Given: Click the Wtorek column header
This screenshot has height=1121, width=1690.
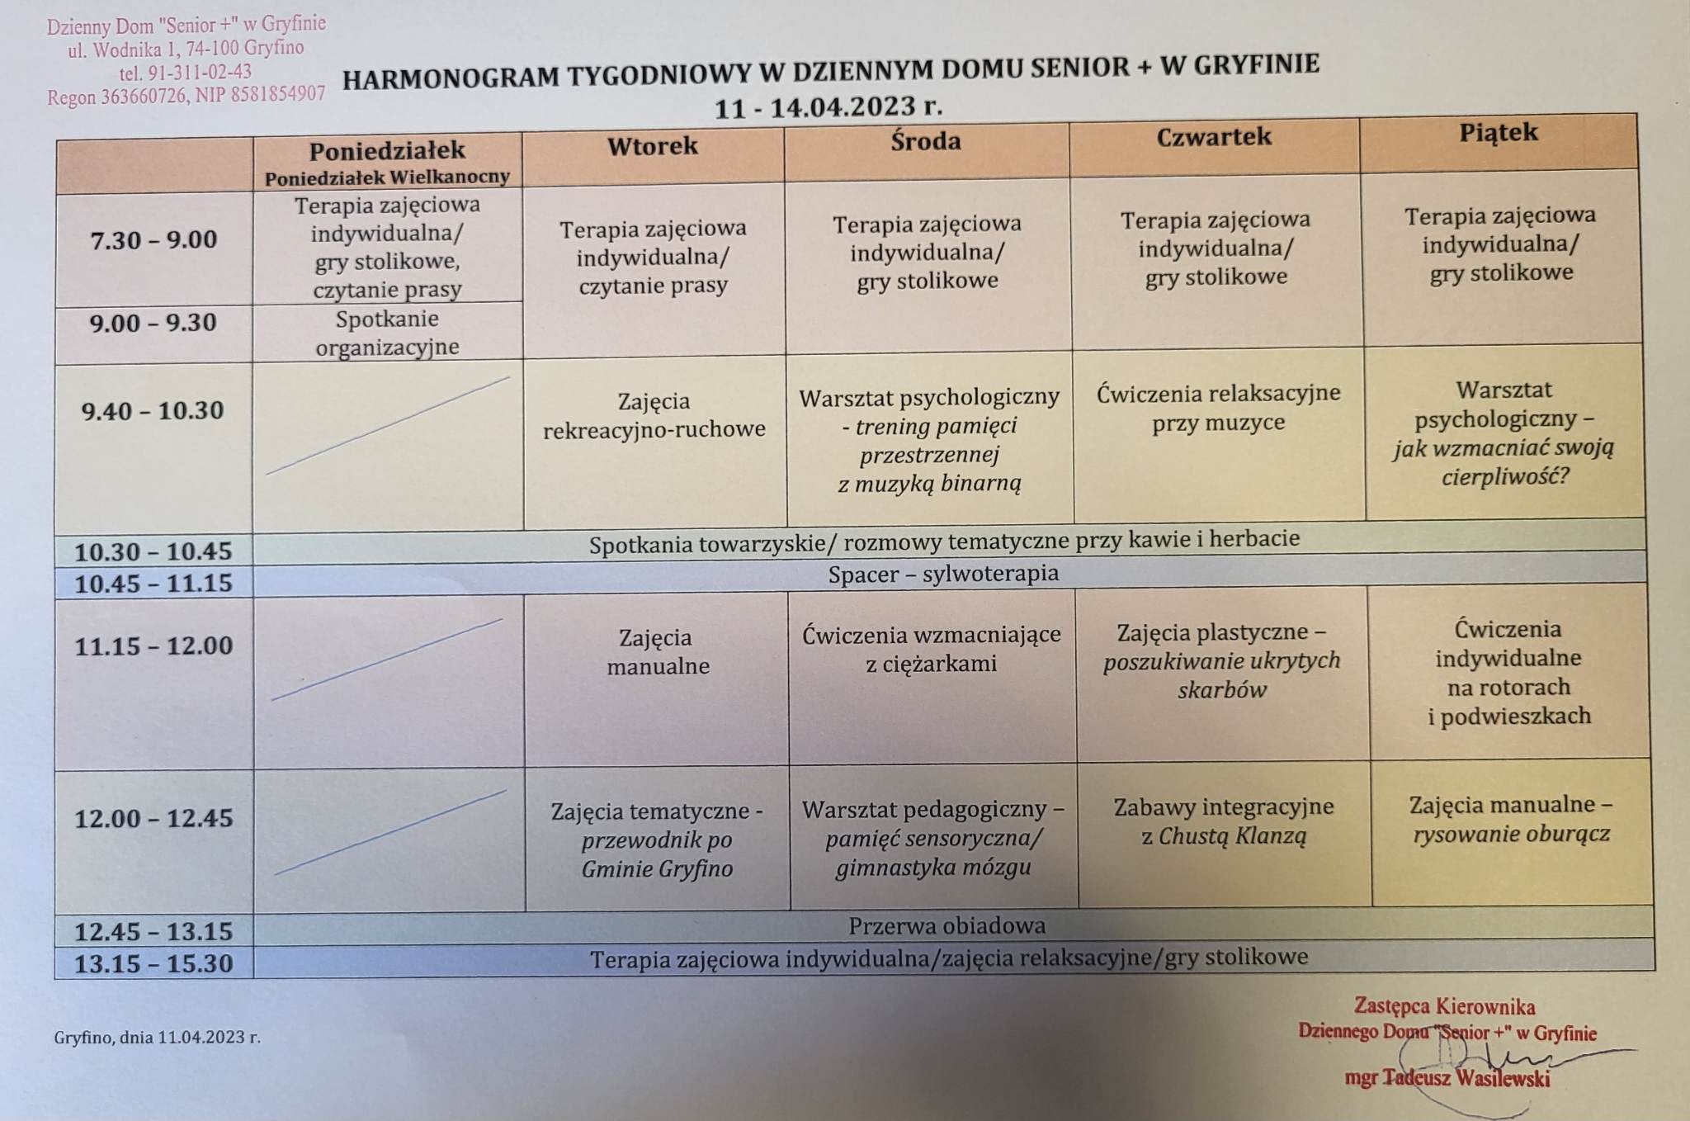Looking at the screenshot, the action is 653,147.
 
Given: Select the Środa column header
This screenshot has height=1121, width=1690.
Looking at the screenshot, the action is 926,141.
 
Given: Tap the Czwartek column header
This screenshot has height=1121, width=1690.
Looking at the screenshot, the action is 1214,137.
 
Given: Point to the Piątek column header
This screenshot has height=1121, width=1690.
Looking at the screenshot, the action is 1499,133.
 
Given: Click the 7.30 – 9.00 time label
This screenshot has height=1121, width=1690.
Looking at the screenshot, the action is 153,240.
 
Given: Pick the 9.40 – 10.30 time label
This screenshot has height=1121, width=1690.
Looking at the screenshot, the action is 153,410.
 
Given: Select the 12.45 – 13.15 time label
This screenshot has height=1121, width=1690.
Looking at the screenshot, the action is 153,932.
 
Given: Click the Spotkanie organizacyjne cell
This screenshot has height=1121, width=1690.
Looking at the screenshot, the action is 387,333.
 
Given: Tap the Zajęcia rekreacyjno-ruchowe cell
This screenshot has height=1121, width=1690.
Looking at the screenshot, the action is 654,415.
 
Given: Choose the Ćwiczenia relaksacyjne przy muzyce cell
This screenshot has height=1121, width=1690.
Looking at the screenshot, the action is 1219,407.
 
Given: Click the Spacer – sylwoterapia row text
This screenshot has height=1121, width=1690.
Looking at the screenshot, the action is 943,574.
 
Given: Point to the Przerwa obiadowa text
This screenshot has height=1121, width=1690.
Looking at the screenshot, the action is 947,925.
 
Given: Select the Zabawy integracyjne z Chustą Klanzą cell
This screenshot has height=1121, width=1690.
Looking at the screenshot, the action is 1224,821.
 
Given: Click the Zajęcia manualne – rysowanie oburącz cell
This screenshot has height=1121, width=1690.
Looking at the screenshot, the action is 1511,819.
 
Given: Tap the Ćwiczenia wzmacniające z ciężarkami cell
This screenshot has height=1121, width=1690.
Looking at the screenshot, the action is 932,649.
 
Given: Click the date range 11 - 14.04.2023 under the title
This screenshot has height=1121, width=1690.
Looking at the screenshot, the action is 828,107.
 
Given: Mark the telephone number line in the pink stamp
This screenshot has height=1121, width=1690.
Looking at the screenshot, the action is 186,73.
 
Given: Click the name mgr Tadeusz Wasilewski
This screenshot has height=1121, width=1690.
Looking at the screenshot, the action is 1447,1078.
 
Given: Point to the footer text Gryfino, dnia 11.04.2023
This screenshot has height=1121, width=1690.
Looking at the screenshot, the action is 157,1037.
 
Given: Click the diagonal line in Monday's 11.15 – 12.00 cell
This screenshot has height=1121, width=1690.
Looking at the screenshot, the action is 387,660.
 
